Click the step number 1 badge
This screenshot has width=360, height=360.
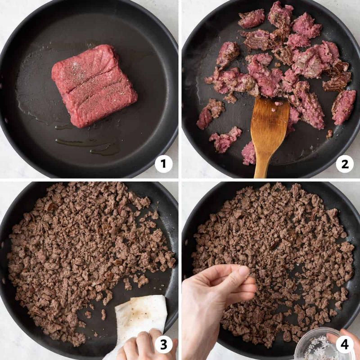coord(164,164)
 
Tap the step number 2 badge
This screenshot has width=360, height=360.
coord(345,164)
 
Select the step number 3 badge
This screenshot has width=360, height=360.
coord(164,345)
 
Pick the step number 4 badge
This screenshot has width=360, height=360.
coord(345,345)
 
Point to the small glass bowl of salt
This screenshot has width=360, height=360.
coord(315,346)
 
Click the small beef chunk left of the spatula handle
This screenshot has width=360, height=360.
coord(248,153)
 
